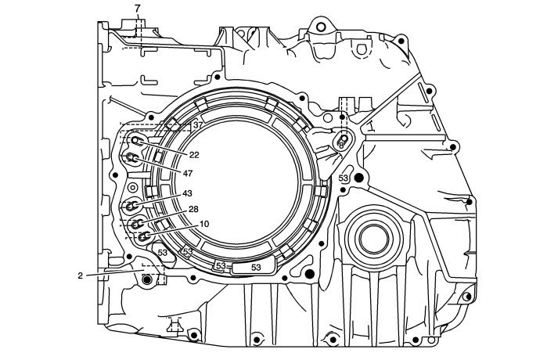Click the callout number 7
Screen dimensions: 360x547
(x=138, y=8)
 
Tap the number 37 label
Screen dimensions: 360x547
(x=197, y=125)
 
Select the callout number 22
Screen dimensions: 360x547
(x=194, y=154)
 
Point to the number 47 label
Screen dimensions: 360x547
(x=188, y=172)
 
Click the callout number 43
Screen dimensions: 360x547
(x=187, y=193)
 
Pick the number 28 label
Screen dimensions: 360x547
(x=193, y=210)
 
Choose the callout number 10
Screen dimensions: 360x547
(x=203, y=224)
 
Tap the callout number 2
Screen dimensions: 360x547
(x=80, y=275)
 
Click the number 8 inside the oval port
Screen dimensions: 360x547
(x=341, y=145)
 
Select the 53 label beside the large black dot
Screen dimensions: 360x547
(x=344, y=179)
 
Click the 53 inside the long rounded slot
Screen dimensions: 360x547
(x=255, y=267)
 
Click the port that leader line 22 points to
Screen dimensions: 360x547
(x=137, y=141)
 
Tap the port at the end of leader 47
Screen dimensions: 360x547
(x=133, y=160)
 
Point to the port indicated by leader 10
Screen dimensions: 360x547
(x=144, y=236)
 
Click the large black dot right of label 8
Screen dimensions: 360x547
(x=359, y=179)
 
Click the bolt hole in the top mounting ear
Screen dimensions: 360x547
(x=318, y=28)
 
